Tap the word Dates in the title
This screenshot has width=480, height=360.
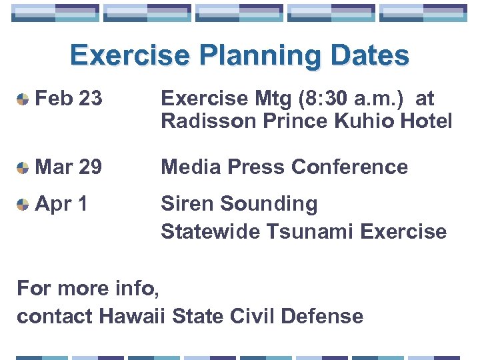(371, 56)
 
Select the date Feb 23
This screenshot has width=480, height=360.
(69, 99)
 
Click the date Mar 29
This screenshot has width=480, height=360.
(69, 167)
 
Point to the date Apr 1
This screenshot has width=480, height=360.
(61, 203)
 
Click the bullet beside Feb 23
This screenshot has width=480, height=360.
(23, 100)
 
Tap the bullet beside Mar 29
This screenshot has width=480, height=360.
(23, 168)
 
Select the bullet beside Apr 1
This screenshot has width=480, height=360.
(23, 205)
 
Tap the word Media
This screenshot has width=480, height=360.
(189, 167)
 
